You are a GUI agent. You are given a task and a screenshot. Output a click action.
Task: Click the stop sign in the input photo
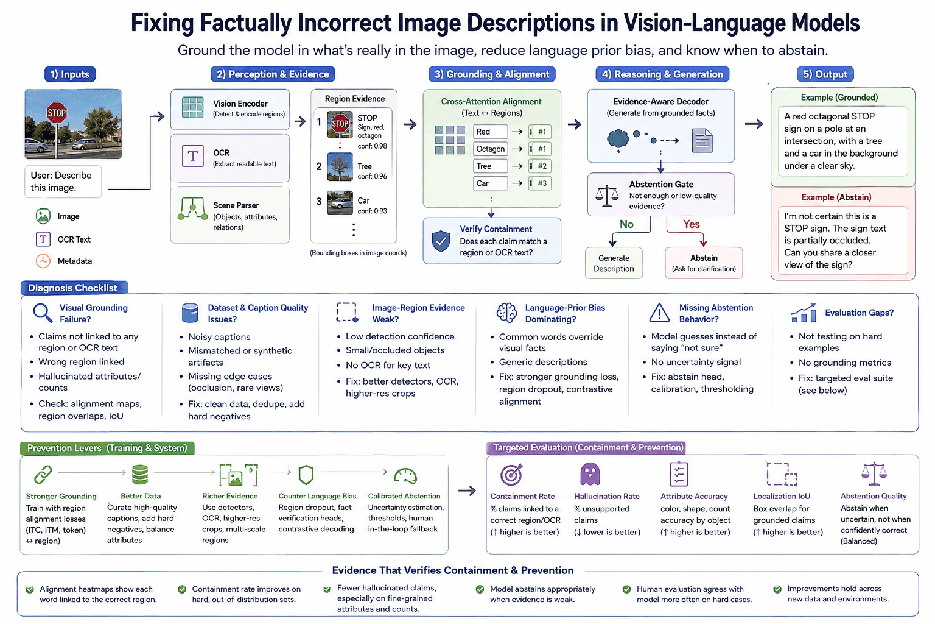[x=57, y=112]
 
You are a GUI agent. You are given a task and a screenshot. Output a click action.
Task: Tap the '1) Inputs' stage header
[x=70, y=74]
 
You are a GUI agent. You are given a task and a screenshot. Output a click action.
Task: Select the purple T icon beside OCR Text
[x=43, y=239]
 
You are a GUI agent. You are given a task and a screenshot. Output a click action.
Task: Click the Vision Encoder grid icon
[x=192, y=107]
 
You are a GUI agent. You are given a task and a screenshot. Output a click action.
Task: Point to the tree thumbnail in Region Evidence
[x=340, y=167]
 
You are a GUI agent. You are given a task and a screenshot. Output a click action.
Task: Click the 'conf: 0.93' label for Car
[x=373, y=211]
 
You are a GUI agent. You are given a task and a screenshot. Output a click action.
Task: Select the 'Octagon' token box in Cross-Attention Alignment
[x=491, y=149]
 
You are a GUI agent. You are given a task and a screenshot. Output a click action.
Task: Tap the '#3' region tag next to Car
[x=540, y=183]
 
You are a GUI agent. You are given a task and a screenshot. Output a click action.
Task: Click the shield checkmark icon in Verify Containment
[x=441, y=241]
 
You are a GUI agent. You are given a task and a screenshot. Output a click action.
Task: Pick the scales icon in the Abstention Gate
[x=607, y=196]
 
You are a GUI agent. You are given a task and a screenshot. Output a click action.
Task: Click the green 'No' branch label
[x=626, y=224]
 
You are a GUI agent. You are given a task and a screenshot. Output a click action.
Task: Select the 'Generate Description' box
[x=614, y=263]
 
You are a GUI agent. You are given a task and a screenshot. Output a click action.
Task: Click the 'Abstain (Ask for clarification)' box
[x=704, y=263]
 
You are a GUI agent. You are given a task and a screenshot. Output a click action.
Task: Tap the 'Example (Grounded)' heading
[x=839, y=97]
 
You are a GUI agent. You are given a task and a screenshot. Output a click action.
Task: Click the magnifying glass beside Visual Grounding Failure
[x=43, y=313]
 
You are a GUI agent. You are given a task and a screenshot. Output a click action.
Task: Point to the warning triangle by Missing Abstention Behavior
[x=659, y=313]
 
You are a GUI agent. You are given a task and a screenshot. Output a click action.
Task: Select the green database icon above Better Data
[x=140, y=474]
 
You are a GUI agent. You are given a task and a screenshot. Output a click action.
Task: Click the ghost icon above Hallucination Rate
[x=590, y=474]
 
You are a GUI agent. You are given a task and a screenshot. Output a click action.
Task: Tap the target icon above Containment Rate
[x=511, y=474]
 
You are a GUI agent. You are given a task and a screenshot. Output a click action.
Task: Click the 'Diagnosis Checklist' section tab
[x=74, y=288]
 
